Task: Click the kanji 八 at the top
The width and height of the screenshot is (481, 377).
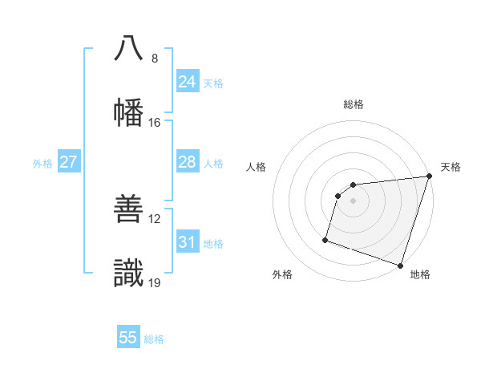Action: click(129, 48)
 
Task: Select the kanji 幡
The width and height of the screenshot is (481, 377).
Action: click(129, 112)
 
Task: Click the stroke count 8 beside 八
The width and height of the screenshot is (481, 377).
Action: click(155, 59)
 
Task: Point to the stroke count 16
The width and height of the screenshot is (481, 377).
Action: click(155, 123)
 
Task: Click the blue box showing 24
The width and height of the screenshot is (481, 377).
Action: click(188, 82)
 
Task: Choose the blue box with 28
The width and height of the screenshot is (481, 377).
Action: click(188, 162)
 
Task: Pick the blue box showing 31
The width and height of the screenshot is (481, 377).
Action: click(188, 242)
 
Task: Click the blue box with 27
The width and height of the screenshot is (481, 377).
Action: click(68, 162)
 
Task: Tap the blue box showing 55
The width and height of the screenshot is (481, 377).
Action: click(128, 338)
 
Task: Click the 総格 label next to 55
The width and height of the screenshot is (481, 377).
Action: click(154, 339)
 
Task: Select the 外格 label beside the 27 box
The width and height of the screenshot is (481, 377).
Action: click(42, 164)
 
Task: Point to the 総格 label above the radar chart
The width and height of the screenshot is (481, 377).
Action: click(354, 104)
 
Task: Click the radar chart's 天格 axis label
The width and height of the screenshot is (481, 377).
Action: click(451, 167)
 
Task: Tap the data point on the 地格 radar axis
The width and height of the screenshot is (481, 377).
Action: click(400, 265)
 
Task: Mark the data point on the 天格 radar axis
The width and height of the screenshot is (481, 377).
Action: click(429, 176)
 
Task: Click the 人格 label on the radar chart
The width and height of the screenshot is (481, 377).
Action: click(257, 167)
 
